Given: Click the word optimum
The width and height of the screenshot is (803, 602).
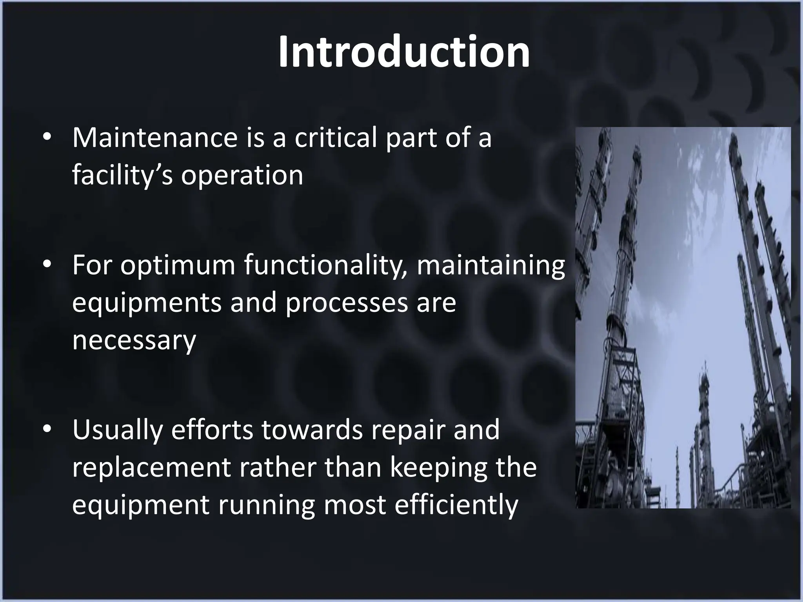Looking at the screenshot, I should [x=177, y=265].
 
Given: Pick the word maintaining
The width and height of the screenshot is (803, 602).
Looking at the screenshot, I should [x=491, y=265].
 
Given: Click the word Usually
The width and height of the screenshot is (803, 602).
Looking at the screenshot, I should [x=117, y=430].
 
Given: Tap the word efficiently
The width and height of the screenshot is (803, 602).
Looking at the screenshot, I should [x=456, y=505].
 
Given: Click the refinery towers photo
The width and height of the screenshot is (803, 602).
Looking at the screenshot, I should [x=683, y=317].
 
